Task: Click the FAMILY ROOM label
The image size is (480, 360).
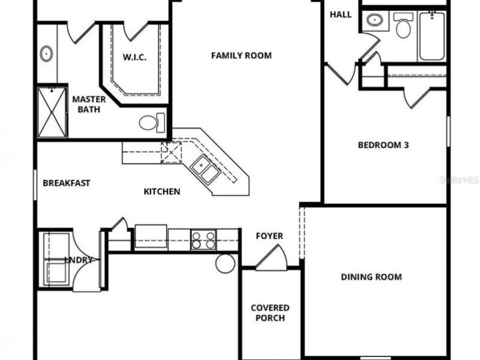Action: pyautogui.click(x=241, y=55)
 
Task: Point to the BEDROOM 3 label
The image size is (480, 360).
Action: pyautogui.click(x=383, y=145)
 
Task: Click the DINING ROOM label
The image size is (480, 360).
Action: pyautogui.click(x=371, y=277)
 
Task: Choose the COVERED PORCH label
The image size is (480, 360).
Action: pyautogui.click(x=270, y=313)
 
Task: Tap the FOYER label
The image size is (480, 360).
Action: pyautogui.click(x=269, y=236)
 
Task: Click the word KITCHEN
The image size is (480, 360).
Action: pyautogui.click(x=162, y=191)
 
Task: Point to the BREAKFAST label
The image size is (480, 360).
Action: pyautogui.click(x=67, y=183)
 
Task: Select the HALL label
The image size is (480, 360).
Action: pyautogui.click(x=340, y=14)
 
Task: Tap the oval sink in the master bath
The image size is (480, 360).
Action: pyautogui.click(x=46, y=54)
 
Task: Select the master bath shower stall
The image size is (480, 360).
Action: pyautogui.click(x=52, y=112)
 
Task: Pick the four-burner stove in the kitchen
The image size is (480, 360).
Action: pyautogui.click(x=203, y=240)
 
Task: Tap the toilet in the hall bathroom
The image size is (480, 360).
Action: pyautogui.click(x=403, y=26)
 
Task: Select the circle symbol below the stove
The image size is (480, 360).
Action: pyautogui.click(x=226, y=262)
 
